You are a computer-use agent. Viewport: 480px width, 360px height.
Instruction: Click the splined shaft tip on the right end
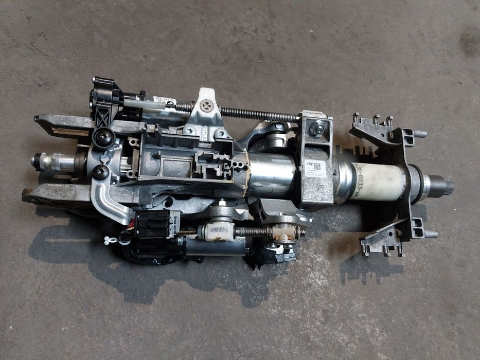coord(443,186)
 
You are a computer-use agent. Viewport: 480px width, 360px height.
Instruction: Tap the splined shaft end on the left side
coord(41,161)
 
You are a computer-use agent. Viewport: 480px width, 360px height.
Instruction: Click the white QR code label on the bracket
coord(313,169)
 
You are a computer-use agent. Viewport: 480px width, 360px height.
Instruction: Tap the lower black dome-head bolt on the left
coord(101,172)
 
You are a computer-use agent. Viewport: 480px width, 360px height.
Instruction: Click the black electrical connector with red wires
coord(154,224)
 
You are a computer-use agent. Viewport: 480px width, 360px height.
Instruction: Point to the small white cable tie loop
coord(110,239)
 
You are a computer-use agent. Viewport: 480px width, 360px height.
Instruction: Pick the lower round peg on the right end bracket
coord(430,234)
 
